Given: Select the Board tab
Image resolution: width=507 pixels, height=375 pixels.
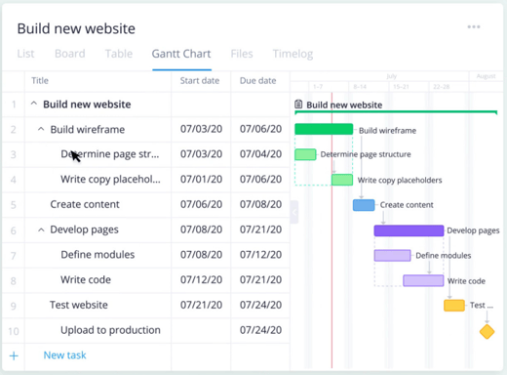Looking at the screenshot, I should coord(69,54).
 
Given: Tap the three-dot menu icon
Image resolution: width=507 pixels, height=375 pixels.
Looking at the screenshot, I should coord(474,27).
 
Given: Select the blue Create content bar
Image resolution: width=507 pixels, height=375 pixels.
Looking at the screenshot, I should coord(364,205).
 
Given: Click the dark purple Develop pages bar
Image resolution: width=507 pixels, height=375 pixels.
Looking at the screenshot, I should coord(409,230).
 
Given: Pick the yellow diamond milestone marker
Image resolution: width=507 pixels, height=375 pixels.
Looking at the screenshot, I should coord(487,332).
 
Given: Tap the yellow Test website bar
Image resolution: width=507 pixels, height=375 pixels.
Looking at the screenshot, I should coord(454,306).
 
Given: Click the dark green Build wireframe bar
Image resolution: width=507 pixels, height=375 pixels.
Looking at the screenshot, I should coord(324,129).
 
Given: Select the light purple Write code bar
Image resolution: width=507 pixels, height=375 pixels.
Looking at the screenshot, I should coord(423,280).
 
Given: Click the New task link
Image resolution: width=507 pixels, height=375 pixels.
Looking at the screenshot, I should coord(65,355).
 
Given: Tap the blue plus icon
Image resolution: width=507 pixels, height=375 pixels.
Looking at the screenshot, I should coord(14,356).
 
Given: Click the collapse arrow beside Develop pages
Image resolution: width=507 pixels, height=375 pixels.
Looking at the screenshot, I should coord(41,230).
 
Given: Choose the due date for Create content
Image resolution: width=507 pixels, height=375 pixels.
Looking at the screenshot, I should coord(258,205).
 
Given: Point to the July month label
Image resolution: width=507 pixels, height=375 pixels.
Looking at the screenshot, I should coord(392,75).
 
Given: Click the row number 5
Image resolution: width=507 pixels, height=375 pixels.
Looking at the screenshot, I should coord(14,205).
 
